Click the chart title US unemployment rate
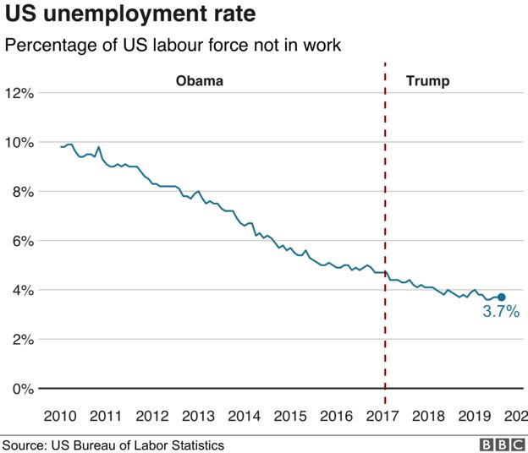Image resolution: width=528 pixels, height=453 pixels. [129, 15]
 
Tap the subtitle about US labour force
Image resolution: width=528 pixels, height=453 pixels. [173, 46]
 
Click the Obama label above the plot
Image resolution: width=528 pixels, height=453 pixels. [200, 82]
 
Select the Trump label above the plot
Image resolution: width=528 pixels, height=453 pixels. [427, 82]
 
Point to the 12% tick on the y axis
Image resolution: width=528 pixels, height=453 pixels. [19, 93]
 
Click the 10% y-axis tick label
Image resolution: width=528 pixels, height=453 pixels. [19, 142]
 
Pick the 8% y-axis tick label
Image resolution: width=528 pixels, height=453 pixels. [23, 192]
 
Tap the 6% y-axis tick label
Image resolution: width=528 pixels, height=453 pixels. [23, 241]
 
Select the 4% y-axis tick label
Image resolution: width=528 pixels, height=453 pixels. [23, 290]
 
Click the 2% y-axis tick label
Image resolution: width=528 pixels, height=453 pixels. [23, 340]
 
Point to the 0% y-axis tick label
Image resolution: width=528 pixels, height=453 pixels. [23, 389]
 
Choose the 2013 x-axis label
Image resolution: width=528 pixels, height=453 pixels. [197, 416]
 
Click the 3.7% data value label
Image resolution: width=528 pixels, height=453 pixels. [500, 312]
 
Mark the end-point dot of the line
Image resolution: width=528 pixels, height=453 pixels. [501, 297]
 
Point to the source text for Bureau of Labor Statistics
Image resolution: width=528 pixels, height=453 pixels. [113, 445]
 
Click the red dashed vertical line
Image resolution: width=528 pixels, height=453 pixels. [385, 211]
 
